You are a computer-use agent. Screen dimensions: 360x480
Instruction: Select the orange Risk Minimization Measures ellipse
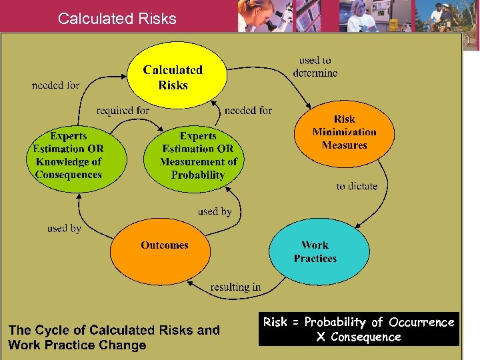(344, 132)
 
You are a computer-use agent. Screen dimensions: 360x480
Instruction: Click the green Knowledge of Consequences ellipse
(69, 155)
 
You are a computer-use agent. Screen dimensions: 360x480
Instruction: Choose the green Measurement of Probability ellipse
(198, 155)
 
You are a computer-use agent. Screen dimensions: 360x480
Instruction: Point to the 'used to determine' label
(315, 67)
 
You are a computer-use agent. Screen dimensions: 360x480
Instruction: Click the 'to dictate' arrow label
(357, 186)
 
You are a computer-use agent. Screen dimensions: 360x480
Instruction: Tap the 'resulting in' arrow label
(235, 287)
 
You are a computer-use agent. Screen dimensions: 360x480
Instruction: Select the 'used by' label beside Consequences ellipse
(64, 229)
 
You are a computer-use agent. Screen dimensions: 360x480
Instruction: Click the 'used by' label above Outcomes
(215, 211)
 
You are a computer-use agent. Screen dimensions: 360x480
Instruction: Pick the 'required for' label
(123, 110)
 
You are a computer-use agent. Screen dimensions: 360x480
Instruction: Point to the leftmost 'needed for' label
(55, 85)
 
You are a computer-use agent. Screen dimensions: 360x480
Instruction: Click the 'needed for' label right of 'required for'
(248, 110)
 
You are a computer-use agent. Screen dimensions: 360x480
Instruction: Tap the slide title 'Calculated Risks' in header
(117, 19)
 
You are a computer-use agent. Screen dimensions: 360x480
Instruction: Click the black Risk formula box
(359, 329)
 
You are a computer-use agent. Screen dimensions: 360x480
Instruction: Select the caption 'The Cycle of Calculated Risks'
(114, 337)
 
